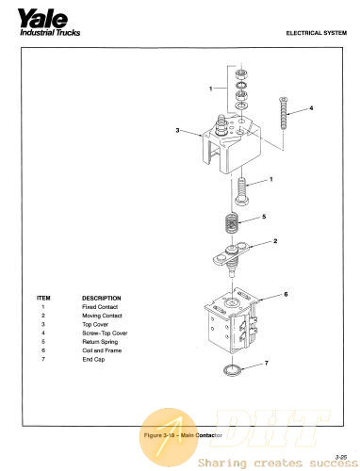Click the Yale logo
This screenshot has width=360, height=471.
coord(49,23)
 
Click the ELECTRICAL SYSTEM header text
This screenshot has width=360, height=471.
coord(317,33)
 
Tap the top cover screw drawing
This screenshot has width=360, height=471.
coord(283,113)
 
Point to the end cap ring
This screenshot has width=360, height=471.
coord(232,370)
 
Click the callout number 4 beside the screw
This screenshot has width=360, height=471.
coord(311,108)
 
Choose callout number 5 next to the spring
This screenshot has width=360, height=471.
coord(264,217)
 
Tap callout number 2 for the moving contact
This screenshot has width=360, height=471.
coord(275,241)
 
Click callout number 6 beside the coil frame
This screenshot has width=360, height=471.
coord(286,294)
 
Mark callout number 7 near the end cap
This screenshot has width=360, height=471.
coord(266,363)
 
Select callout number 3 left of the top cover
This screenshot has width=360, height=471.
coord(177,130)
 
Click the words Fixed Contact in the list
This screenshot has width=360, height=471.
coord(100,307)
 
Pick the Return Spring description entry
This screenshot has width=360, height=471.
coord(100,342)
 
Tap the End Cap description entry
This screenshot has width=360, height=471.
coord(93,359)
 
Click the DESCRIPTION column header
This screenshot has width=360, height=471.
coord(102,298)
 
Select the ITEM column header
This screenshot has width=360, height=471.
coord(43,298)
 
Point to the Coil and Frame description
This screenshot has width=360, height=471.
coord(102,350)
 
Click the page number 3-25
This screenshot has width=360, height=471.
coord(341,457)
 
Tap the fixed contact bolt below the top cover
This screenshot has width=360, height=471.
coord(241,191)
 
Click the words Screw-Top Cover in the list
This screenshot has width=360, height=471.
coord(105,333)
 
